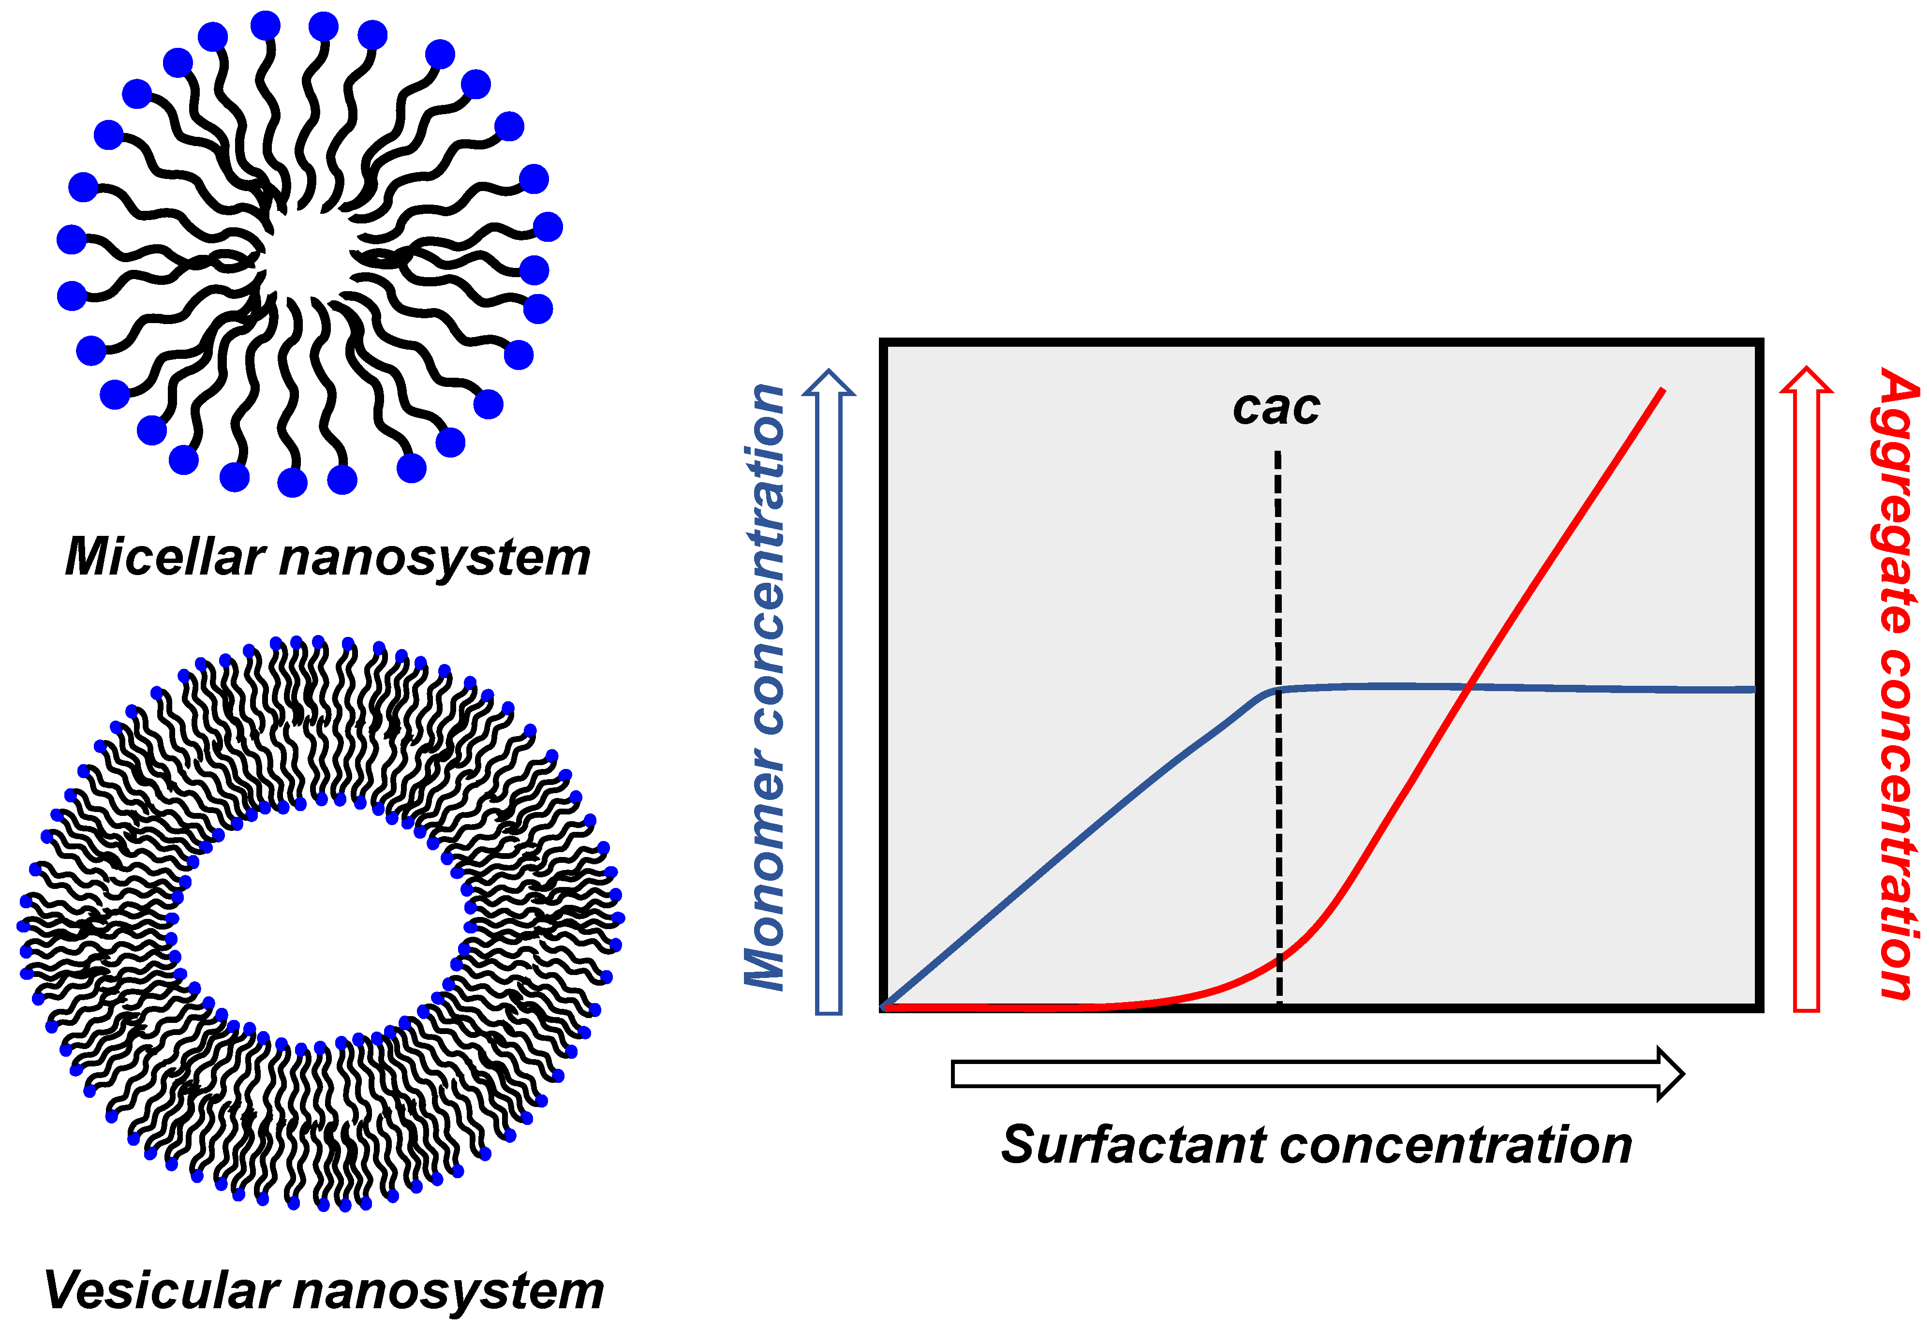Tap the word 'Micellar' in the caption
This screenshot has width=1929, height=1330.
(165, 557)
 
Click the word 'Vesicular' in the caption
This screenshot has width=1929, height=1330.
(160, 1290)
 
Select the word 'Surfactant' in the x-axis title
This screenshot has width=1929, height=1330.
(1133, 1144)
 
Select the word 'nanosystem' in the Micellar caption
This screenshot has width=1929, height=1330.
(434, 557)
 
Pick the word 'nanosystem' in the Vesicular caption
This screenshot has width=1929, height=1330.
(448, 1290)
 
